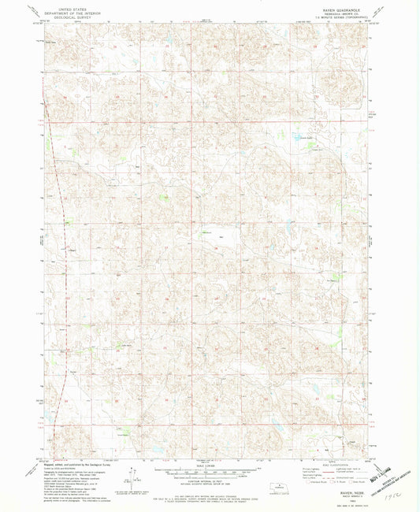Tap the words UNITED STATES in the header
click(64, 6)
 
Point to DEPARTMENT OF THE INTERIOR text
click(64, 9)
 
